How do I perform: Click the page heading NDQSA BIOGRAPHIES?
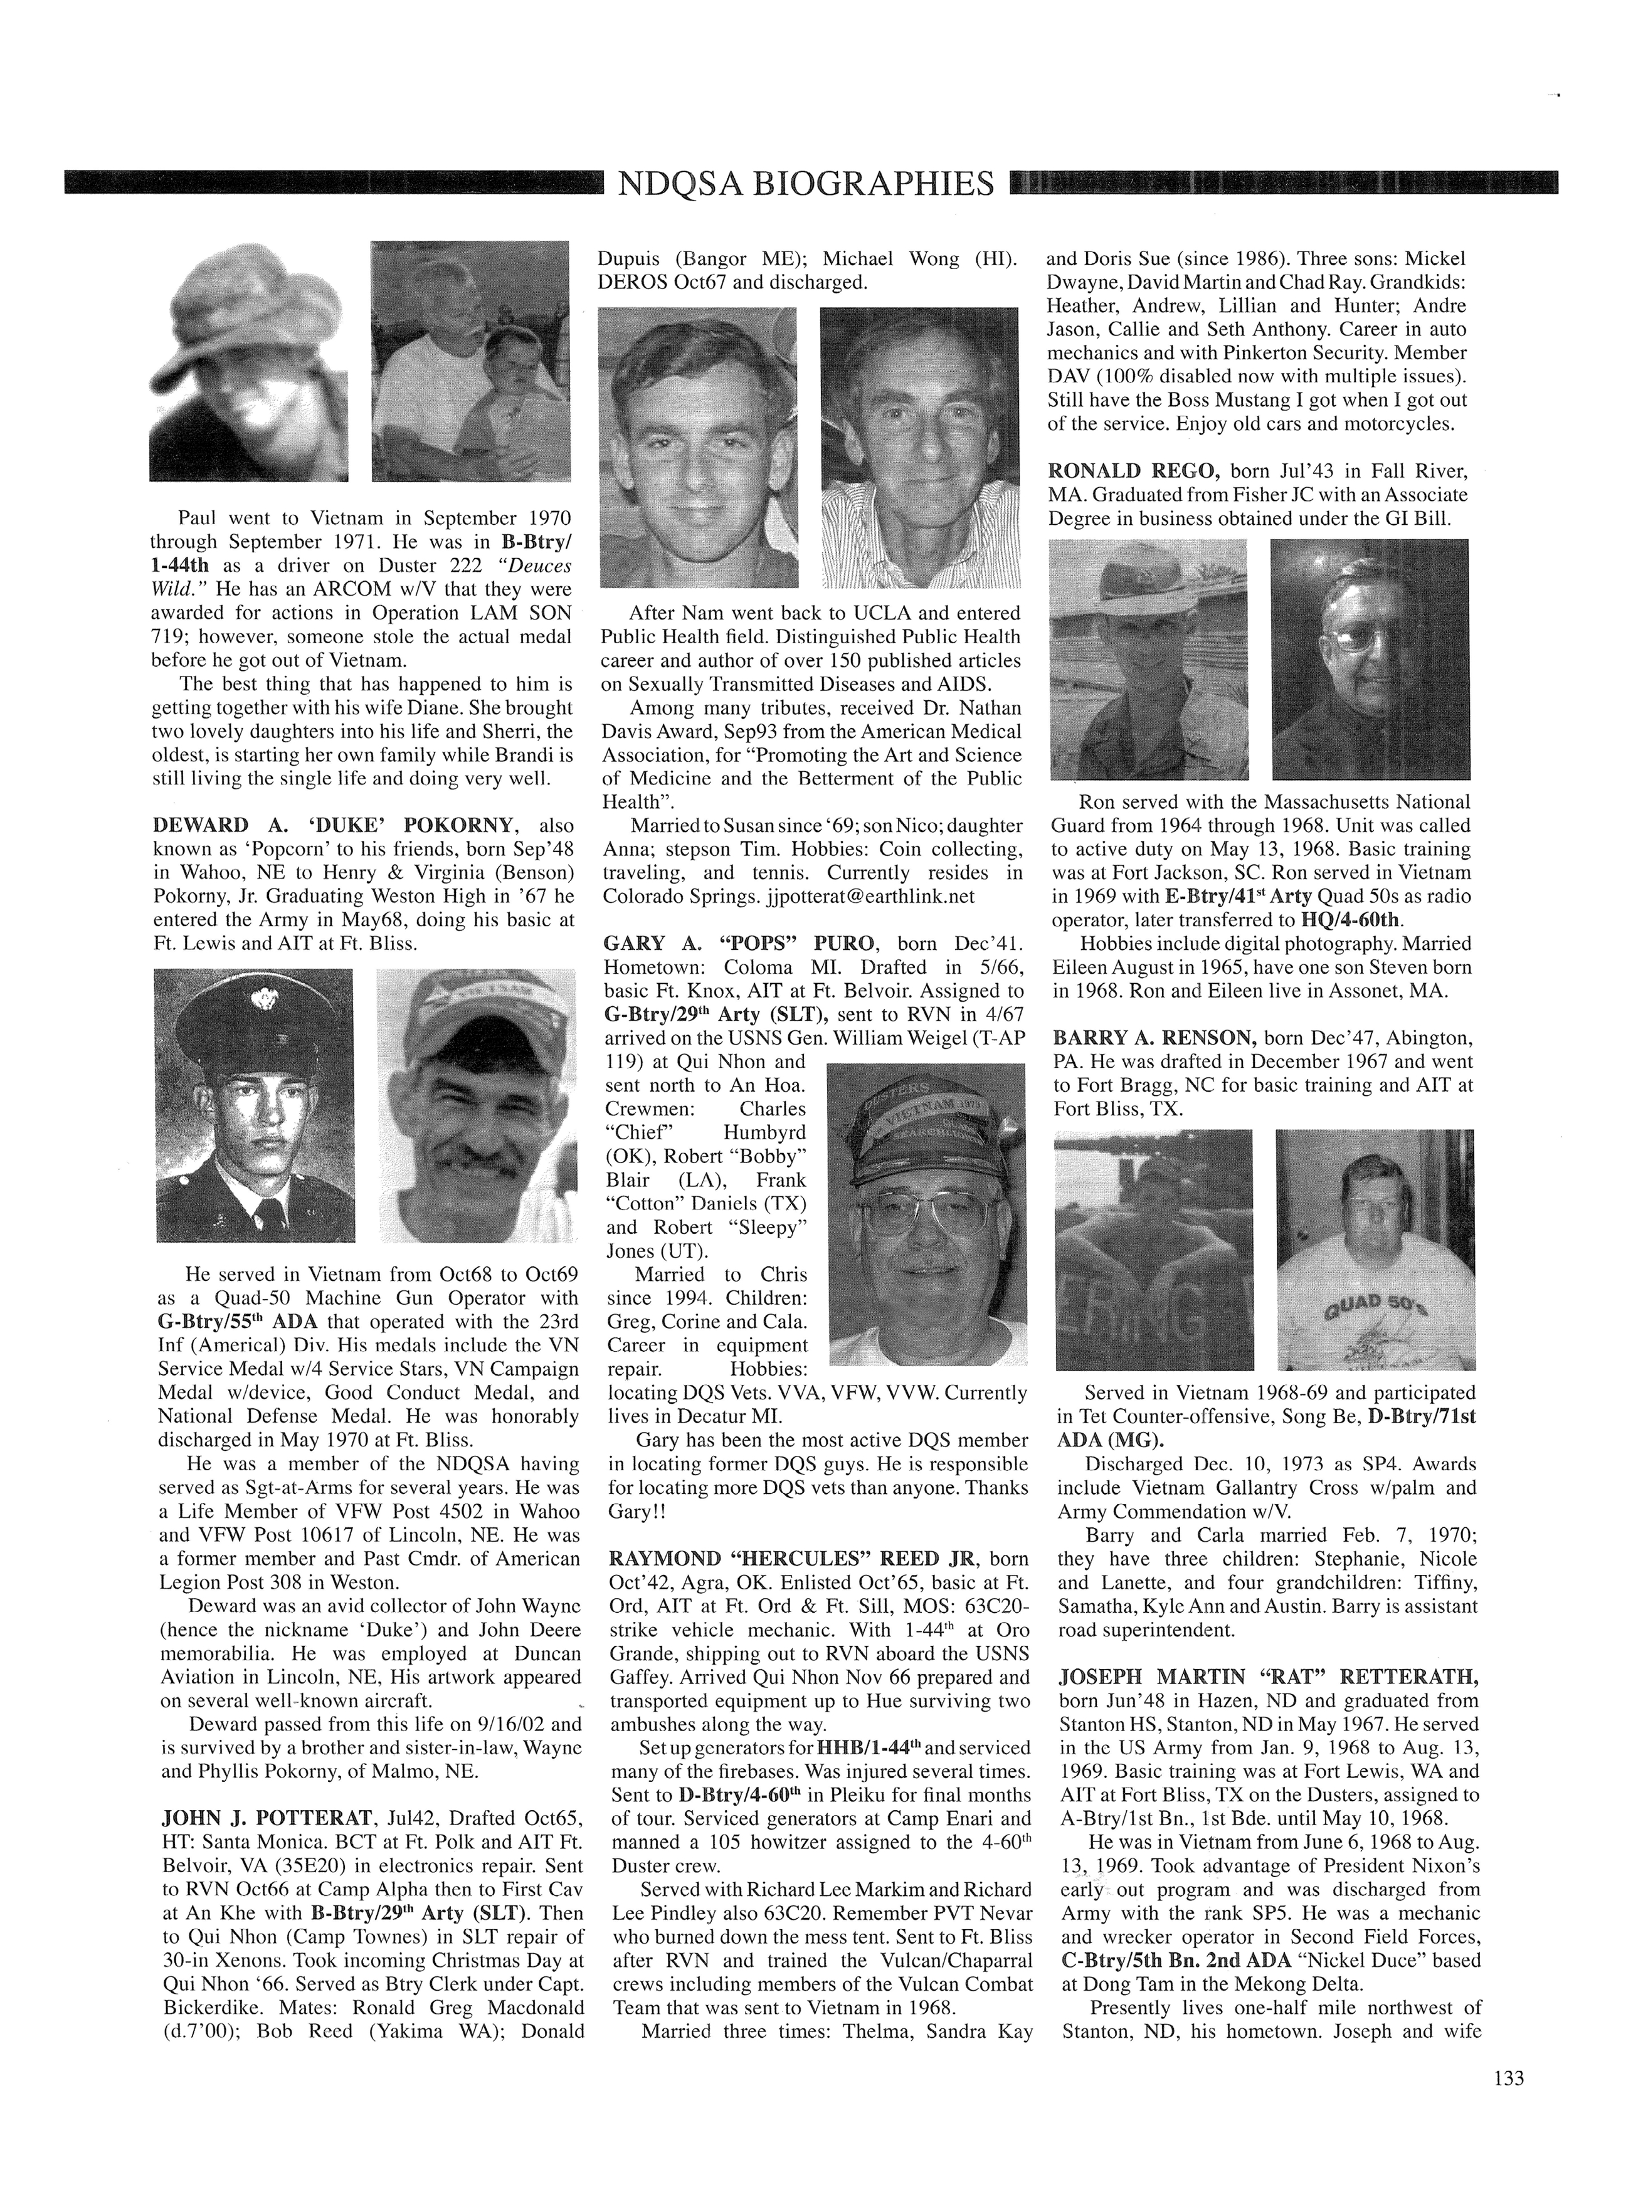[806, 184]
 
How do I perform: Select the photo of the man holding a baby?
[471, 361]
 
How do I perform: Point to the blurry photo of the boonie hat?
[248, 361]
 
